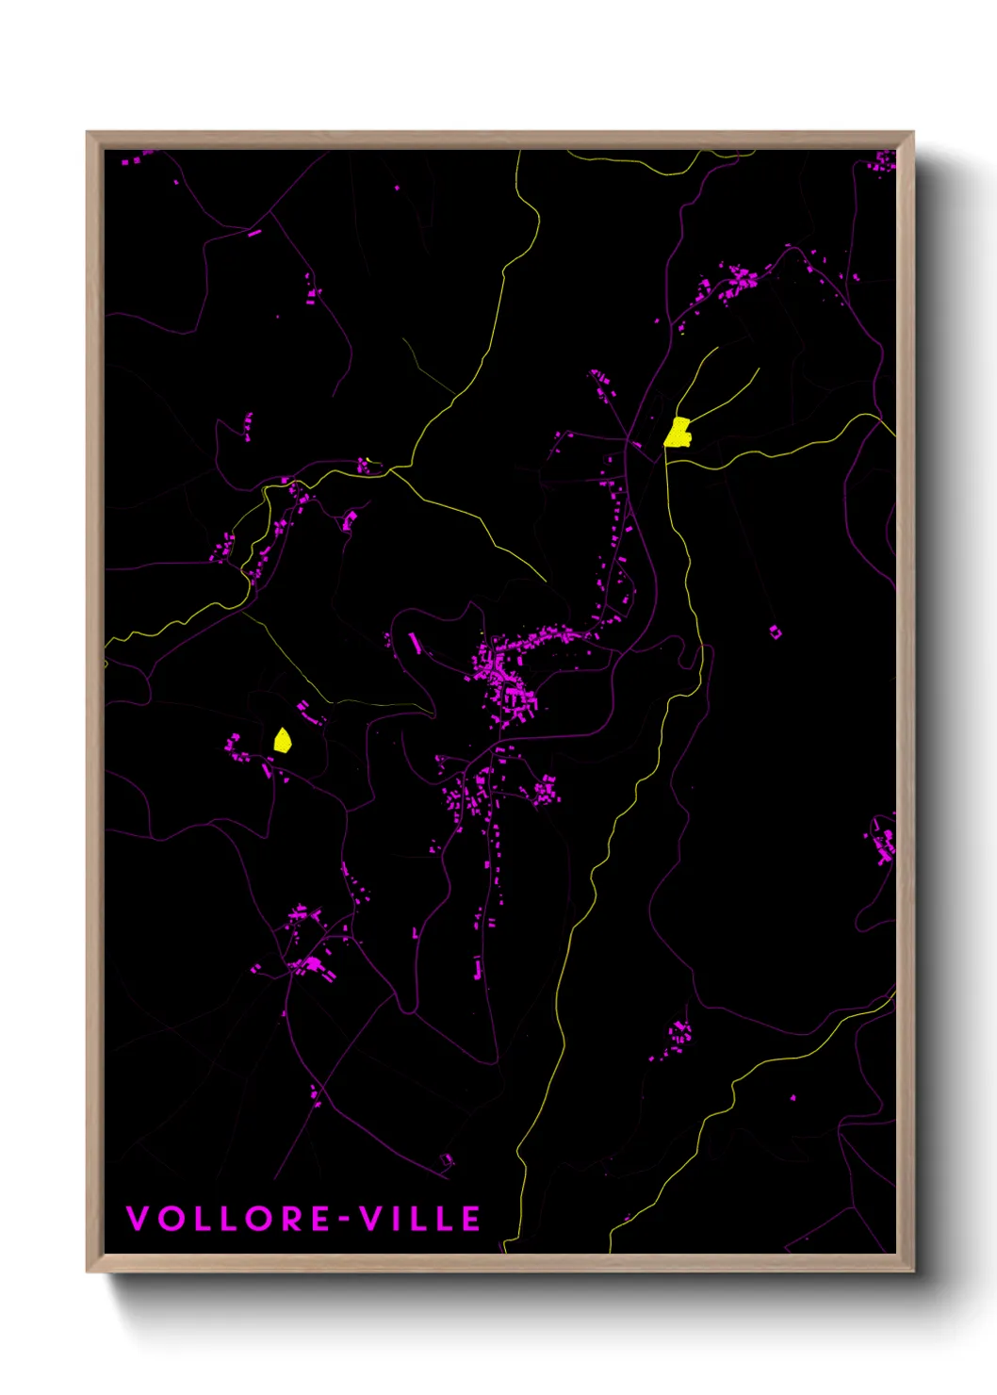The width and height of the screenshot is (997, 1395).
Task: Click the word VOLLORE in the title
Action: [227, 1219]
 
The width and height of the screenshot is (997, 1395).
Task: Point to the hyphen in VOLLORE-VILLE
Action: [346, 1220]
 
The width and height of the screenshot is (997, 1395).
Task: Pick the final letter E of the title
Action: [471, 1219]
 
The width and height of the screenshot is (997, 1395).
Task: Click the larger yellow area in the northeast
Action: [678, 433]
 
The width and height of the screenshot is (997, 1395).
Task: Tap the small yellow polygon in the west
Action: [282, 740]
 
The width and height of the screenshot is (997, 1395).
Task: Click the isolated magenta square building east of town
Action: [776, 632]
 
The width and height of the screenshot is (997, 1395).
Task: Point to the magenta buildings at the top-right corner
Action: [884, 162]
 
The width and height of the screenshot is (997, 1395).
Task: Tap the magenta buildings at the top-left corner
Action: [137, 157]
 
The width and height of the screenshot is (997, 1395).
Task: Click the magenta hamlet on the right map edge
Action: [884, 841]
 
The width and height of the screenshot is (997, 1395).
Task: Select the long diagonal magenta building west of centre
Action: [415, 643]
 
